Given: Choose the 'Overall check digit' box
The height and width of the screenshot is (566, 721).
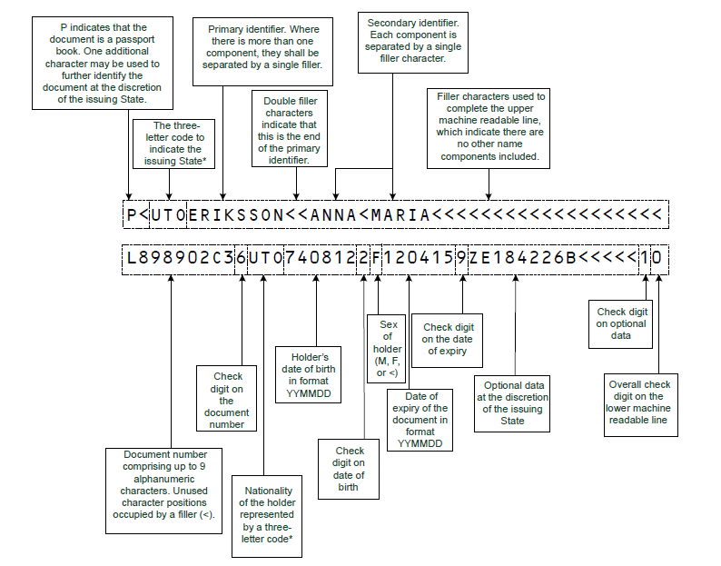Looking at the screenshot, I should tap(639, 402).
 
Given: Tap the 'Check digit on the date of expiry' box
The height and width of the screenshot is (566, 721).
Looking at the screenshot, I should tap(449, 340).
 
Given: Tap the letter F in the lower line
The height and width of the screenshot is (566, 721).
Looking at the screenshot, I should tap(377, 258).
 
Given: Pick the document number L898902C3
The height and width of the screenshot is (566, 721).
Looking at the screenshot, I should tap(179, 258).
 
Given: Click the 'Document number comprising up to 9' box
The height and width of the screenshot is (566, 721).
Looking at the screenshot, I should tap(164, 489).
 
